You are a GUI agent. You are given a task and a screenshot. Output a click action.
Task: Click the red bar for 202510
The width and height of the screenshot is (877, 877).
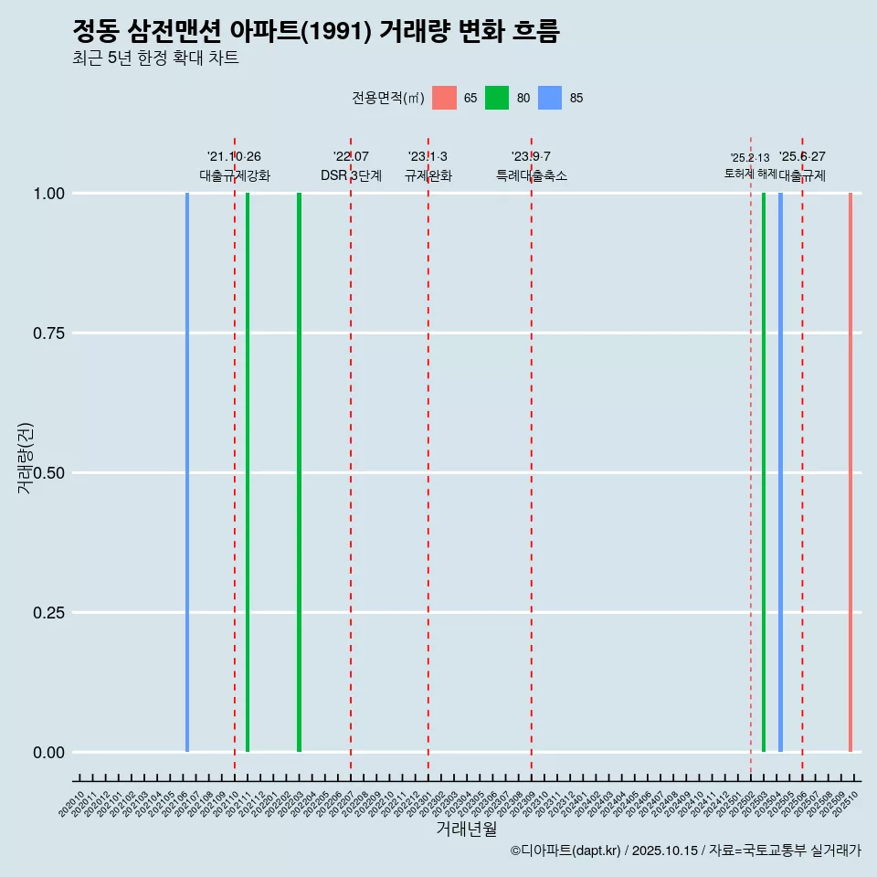[x=850, y=472]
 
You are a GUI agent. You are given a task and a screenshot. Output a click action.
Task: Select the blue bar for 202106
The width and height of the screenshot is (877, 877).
[x=187, y=472]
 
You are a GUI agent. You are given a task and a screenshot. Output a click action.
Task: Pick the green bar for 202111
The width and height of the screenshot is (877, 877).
[x=248, y=472]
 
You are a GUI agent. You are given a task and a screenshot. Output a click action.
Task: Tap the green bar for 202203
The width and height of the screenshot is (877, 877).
[x=299, y=472]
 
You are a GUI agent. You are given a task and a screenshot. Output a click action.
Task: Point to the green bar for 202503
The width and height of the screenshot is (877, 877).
[x=764, y=472]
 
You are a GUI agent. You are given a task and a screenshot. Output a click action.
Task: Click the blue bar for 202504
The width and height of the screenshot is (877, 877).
[x=780, y=472]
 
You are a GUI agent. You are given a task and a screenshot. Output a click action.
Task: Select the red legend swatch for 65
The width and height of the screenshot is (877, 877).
[x=444, y=98]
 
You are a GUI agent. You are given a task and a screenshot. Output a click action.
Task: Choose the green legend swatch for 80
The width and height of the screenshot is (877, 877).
[x=497, y=98]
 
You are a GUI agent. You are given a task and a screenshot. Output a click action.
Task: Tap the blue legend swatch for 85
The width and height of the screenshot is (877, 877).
[x=550, y=98]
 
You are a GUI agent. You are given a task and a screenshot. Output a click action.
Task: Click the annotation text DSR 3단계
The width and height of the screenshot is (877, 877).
[x=351, y=175]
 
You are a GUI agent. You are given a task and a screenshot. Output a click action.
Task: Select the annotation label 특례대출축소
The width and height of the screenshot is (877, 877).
[x=532, y=175]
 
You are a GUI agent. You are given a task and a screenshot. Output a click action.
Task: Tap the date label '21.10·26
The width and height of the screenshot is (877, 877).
[x=235, y=157]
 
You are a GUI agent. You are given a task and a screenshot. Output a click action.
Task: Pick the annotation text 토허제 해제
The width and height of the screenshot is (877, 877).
[x=750, y=174]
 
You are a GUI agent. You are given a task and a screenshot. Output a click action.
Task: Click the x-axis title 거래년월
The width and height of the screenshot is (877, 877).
[x=467, y=829]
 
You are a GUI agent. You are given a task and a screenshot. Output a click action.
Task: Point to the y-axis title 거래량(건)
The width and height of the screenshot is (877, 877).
[x=26, y=459]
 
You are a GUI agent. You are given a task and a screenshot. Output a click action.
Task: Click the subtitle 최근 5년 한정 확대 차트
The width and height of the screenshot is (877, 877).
[x=155, y=58]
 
